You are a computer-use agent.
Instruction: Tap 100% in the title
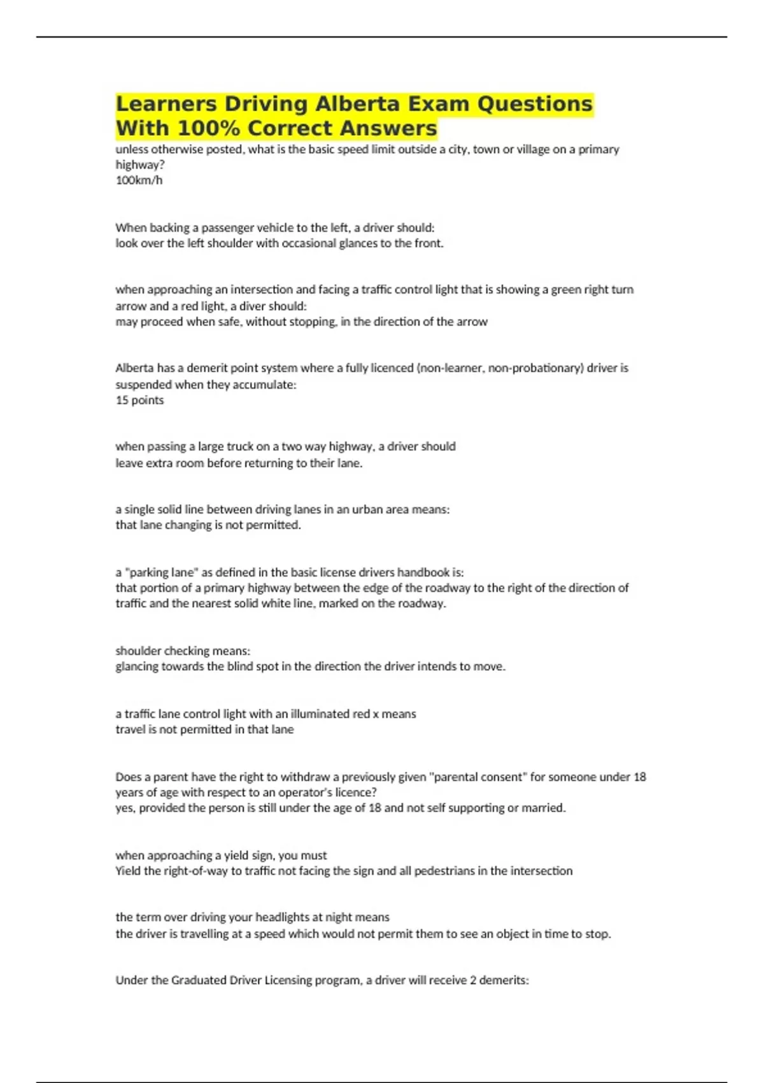click(x=207, y=129)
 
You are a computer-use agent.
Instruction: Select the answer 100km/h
click(x=139, y=180)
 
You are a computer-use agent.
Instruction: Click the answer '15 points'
click(x=139, y=400)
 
